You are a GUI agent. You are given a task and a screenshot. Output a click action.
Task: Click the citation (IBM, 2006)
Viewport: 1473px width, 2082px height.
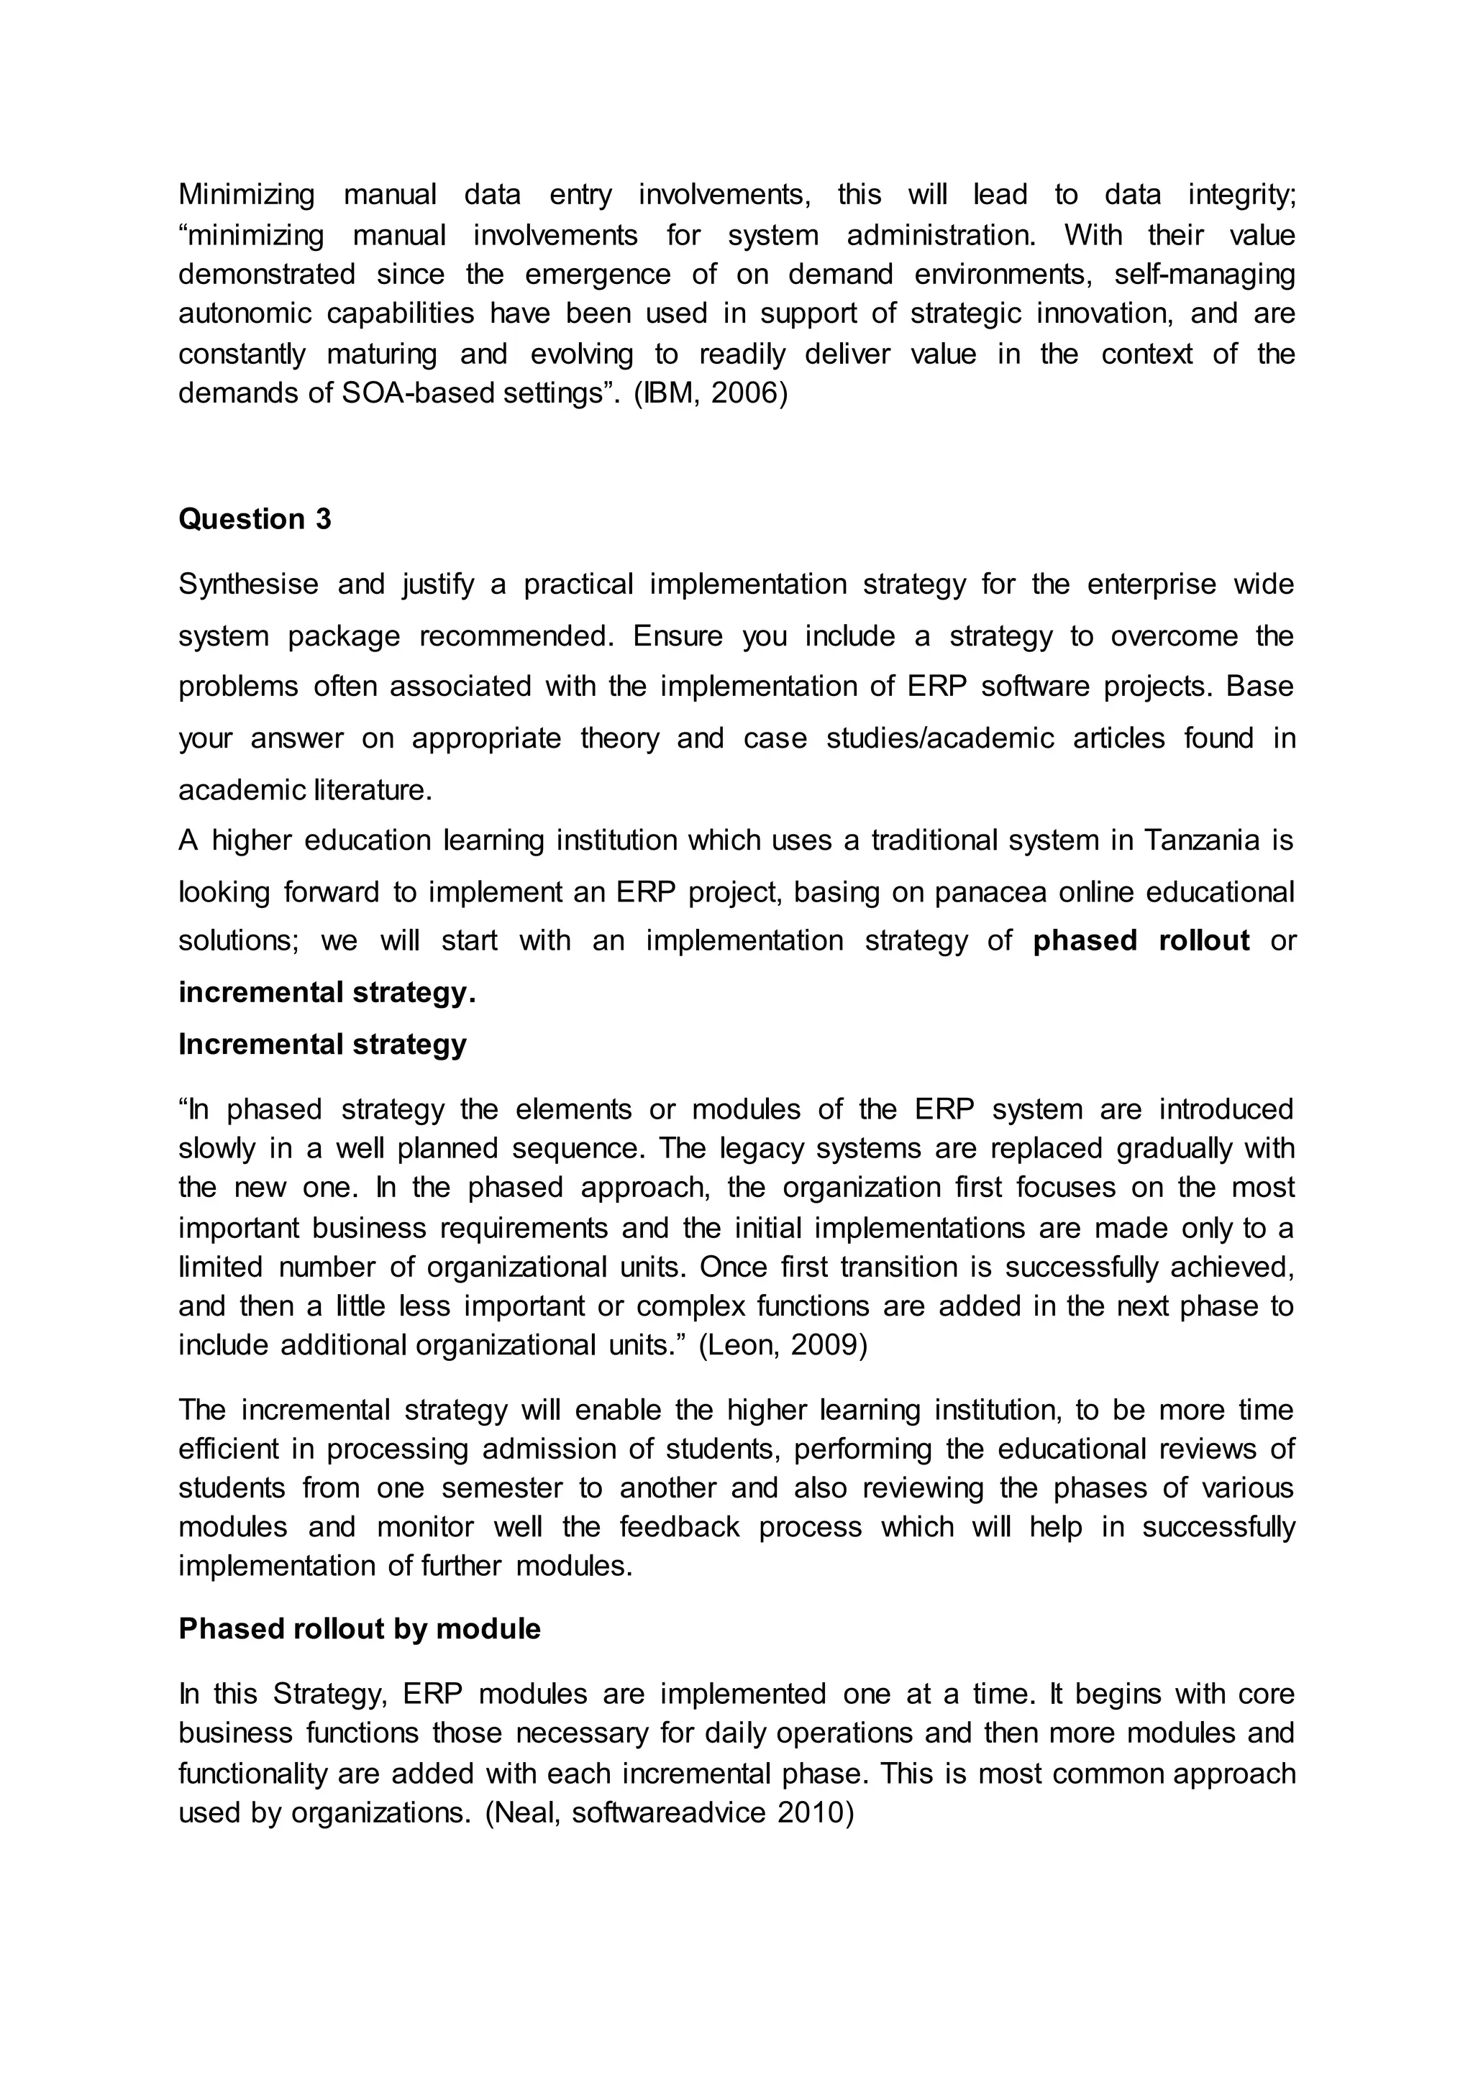click(710, 393)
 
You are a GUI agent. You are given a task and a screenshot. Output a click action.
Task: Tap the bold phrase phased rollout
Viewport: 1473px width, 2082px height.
click(1141, 940)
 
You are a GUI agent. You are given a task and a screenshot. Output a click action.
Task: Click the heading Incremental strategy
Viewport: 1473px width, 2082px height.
click(322, 1044)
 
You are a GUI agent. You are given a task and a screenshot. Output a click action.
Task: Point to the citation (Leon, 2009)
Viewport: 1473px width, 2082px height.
click(782, 1345)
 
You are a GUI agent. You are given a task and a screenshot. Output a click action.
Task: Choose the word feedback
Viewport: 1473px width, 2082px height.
click(678, 1527)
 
